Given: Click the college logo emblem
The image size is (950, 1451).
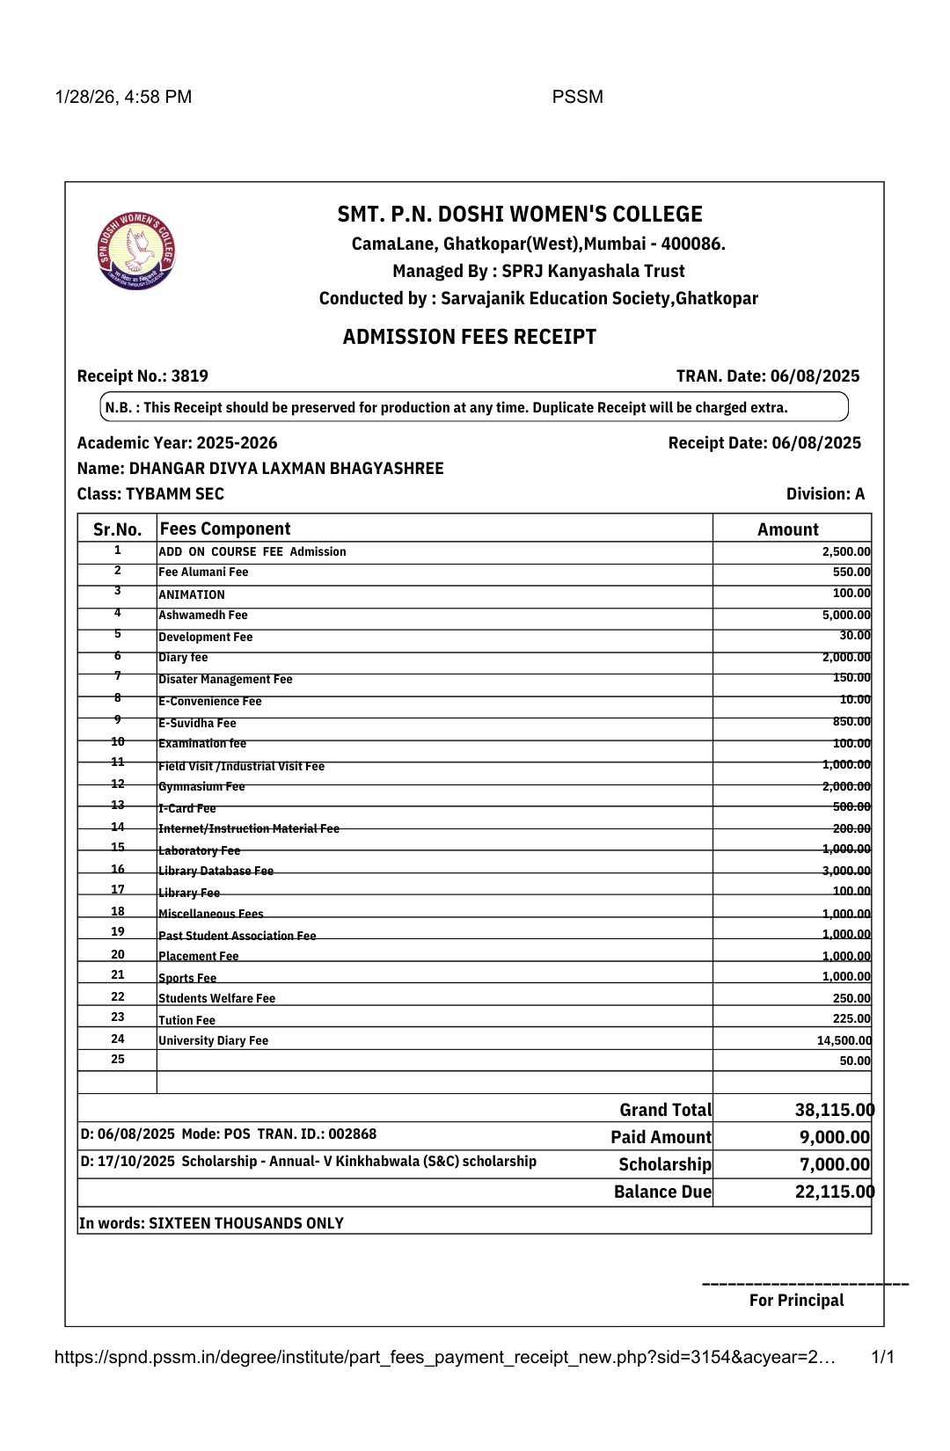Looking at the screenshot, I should (136, 252).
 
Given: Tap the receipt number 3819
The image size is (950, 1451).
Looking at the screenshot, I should (190, 376).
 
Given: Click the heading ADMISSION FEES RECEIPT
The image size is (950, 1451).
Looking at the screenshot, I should (469, 337).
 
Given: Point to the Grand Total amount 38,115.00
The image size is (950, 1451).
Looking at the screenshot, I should (834, 1110).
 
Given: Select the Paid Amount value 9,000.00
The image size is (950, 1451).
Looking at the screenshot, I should (834, 1137).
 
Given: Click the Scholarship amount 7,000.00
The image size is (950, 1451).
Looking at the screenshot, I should (834, 1164).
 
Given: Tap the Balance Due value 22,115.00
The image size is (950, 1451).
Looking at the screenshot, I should (834, 1192).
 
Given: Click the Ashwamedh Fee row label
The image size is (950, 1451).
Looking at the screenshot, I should (203, 616).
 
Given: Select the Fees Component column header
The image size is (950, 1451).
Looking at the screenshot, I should (225, 529).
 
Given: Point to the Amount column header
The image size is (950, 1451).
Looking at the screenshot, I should (787, 529).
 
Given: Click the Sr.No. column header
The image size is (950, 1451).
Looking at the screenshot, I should (117, 529).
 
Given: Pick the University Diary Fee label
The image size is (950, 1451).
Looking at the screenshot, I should (214, 1040).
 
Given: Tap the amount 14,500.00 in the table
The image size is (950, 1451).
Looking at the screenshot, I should (844, 1040).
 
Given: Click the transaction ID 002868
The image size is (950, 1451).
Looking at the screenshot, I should (353, 1134).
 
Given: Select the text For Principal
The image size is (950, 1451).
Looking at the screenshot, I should (796, 1301).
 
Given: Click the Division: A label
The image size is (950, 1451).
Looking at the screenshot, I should (825, 494).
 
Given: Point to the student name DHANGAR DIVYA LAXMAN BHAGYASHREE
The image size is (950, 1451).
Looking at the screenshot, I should (286, 469).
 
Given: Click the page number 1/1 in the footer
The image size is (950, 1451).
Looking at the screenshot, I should (882, 1357).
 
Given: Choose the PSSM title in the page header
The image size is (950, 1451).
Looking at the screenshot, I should (577, 97).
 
